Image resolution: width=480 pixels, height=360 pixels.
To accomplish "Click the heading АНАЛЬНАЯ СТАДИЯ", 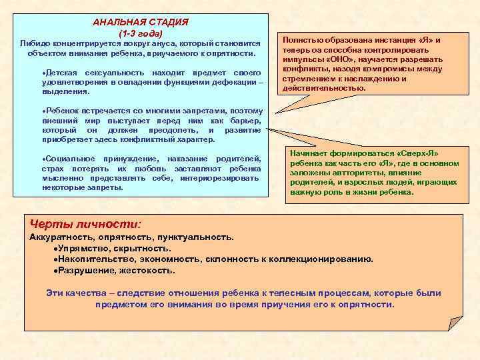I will tap(140, 22).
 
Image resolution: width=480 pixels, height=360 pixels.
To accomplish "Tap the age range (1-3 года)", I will tap(140, 33).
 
